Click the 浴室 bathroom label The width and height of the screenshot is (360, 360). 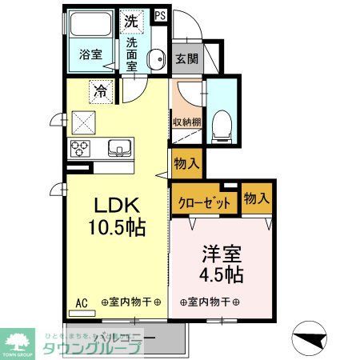(90, 56)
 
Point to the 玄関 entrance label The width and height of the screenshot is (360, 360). (187, 58)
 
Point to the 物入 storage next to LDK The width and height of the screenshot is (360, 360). (186, 164)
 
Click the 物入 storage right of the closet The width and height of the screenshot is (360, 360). (255, 198)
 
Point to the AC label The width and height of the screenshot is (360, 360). (82, 302)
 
